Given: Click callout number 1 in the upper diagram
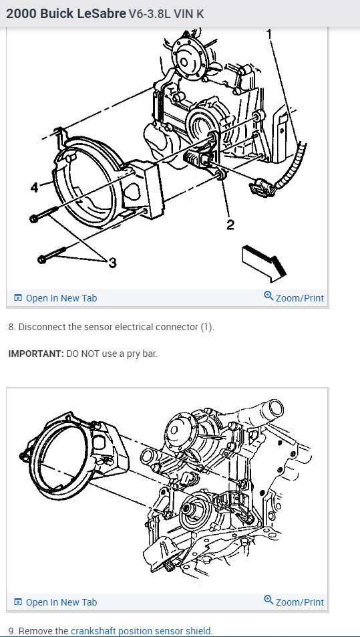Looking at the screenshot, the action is click(269, 33).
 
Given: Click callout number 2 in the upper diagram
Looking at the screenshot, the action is click(230, 225).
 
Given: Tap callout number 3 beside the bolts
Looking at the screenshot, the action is click(112, 263).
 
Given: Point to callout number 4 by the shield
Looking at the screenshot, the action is click(35, 188).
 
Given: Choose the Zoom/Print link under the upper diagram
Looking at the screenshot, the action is click(294, 297).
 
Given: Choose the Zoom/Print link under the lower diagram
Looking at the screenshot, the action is click(294, 602).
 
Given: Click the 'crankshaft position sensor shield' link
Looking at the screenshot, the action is click(141, 631).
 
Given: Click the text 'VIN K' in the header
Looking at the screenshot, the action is click(189, 14).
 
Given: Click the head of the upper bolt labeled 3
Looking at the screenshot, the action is click(34, 219).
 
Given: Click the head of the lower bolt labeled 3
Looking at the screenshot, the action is click(42, 259).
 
